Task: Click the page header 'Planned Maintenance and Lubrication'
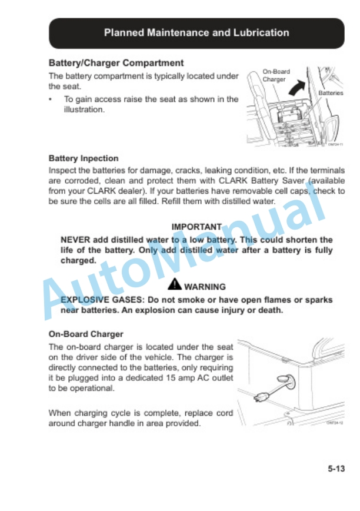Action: [x=196, y=33]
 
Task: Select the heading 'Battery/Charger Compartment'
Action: [x=116, y=63]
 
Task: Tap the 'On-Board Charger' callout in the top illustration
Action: [x=275, y=75]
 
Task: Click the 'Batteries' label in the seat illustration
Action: [x=331, y=93]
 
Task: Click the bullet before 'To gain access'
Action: [x=52, y=99]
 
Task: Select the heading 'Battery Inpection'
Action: [x=84, y=158]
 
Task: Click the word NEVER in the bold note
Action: [x=75, y=240]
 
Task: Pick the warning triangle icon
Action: [x=175, y=285]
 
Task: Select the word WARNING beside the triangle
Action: [x=205, y=287]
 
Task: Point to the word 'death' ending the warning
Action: [x=268, y=310]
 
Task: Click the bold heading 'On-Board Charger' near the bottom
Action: [x=86, y=334]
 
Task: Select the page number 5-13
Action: [x=336, y=469]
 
